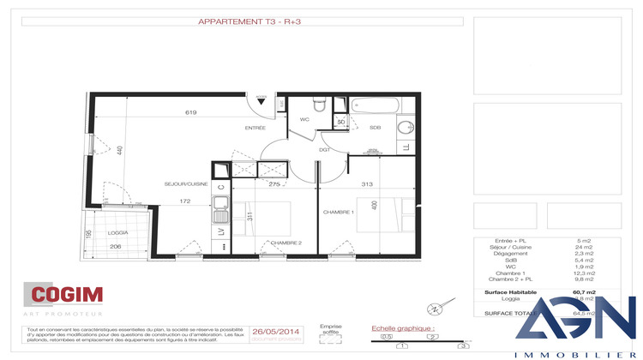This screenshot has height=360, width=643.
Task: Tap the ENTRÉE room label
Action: (x=255, y=128)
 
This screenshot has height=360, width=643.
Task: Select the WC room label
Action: (x=304, y=120)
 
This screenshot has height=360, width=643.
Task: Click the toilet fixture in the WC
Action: (x=318, y=105)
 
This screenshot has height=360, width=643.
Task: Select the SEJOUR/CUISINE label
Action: (x=187, y=184)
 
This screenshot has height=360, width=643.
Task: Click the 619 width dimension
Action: (x=190, y=112)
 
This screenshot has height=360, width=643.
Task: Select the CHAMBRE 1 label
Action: (x=338, y=212)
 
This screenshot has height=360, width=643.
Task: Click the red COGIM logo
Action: (x=67, y=296)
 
